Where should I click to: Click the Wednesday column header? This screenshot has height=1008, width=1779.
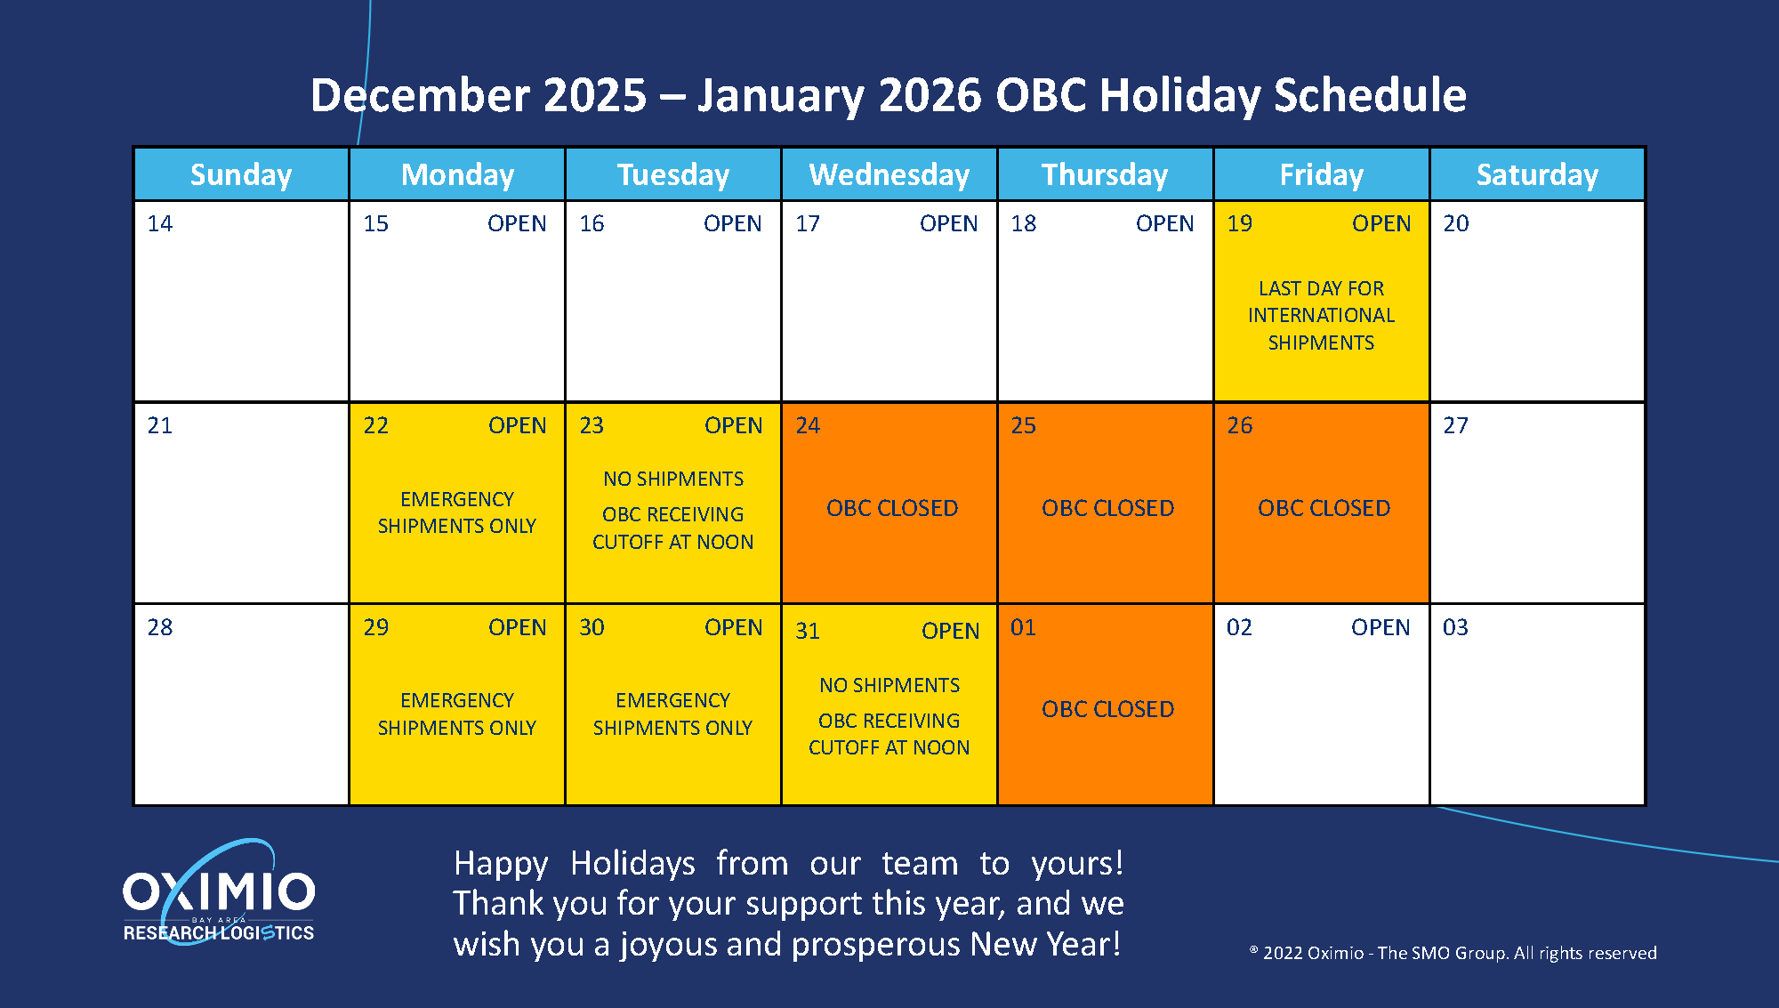click(889, 174)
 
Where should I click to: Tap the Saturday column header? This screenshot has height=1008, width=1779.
click(1537, 174)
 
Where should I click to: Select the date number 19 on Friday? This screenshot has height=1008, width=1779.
click(1239, 223)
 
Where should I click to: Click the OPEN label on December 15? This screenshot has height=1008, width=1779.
click(517, 223)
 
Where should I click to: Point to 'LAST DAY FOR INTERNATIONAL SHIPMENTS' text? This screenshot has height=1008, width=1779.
click(1321, 315)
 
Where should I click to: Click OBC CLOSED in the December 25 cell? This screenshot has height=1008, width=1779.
click(1107, 508)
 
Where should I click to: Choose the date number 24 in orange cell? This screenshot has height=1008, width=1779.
click(808, 425)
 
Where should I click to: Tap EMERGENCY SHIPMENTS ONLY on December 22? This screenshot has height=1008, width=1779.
click(456, 512)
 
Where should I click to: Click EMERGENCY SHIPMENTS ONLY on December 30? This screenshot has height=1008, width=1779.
click(672, 714)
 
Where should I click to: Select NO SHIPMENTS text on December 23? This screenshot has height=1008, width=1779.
click(673, 479)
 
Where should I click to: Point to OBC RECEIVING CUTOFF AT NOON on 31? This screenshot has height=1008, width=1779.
click(889, 734)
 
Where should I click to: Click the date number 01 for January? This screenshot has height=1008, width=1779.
click(1023, 627)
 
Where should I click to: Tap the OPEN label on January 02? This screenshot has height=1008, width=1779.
click(1381, 627)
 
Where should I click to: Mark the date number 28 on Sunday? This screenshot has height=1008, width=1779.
click(160, 627)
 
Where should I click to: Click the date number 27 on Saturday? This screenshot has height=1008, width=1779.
click(1455, 425)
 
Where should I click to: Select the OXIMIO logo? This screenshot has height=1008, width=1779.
click(219, 892)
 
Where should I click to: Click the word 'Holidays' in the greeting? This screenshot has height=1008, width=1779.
click(632, 863)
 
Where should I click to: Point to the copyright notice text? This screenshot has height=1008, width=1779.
click(1453, 953)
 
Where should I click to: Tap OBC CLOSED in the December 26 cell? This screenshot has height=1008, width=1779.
click(1324, 508)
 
